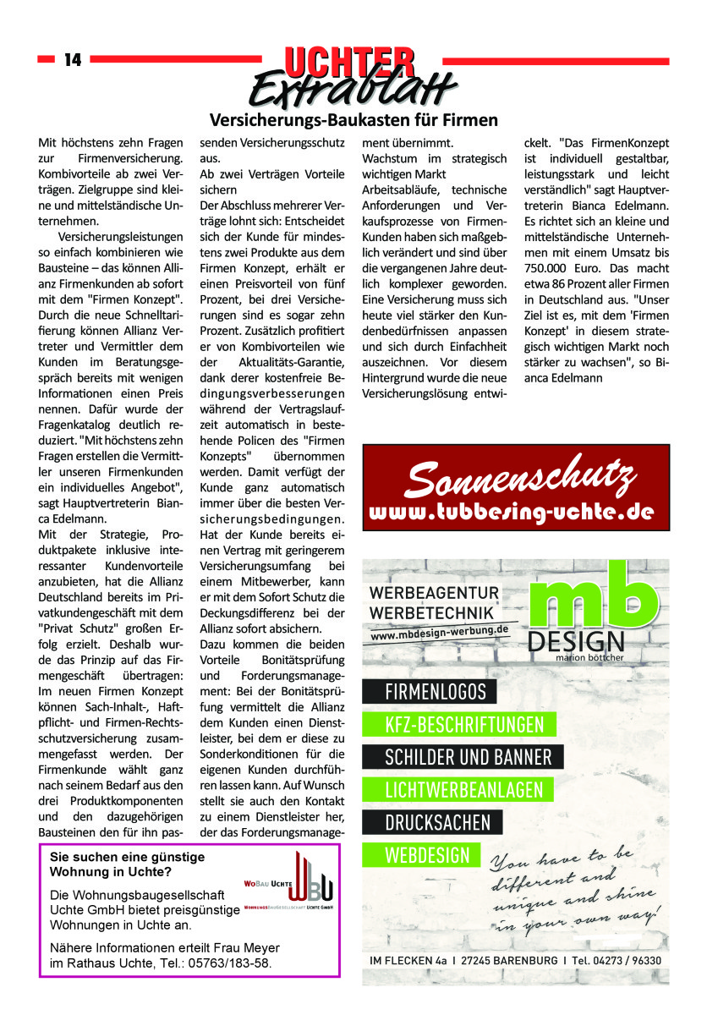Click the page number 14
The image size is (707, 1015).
point(72,60)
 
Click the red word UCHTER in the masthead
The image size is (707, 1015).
point(350,62)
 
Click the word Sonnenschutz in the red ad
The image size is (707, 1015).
point(519,480)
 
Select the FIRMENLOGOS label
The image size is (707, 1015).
point(436,693)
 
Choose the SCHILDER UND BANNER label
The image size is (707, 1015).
point(468,757)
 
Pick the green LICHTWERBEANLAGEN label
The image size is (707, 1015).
point(463,790)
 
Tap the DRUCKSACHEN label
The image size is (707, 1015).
point(437,822)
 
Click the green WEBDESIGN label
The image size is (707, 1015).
point(427,854)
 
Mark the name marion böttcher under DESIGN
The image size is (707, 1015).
point(589,656)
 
